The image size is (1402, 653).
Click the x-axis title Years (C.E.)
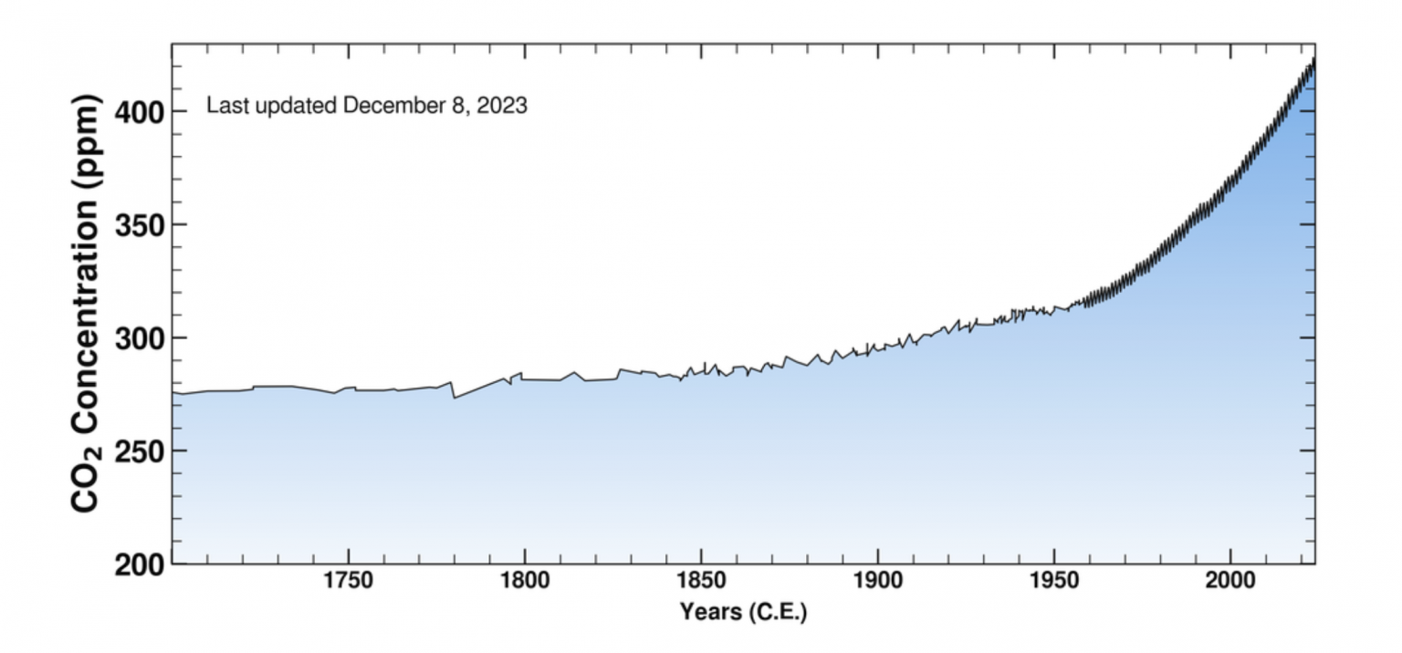pos(743,612)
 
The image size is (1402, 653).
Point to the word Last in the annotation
pos(225,106)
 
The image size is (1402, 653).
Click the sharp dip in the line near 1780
pos(455,398)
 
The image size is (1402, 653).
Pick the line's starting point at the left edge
pos(173,393)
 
